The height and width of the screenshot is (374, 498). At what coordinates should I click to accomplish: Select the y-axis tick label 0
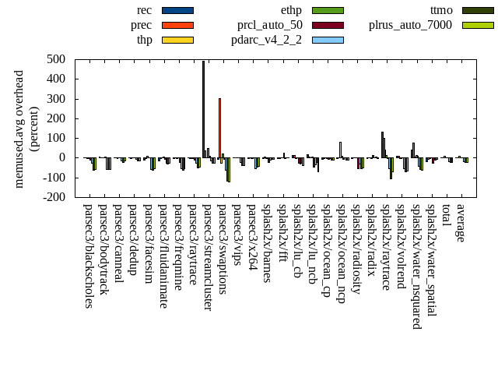[x=65, y=157]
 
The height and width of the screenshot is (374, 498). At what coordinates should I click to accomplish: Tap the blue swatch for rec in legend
[x=177, y=10]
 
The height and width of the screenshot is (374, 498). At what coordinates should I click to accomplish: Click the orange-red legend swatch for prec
[x=177, y=25]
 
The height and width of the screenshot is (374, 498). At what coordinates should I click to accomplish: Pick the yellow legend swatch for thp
[x=177, y=40]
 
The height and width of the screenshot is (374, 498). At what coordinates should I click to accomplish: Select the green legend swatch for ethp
[x=328, y=10]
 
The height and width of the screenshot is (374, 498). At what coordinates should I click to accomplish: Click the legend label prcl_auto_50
[x=270, y=25]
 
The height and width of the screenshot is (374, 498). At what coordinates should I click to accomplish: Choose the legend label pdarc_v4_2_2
[x=267, y=40]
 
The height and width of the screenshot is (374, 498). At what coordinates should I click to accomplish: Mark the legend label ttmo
[x=441, y=10]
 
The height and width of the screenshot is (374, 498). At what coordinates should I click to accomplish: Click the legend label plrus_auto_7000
[x=410, y=25]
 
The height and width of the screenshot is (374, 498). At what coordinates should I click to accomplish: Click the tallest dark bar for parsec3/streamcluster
[x=203, y=109]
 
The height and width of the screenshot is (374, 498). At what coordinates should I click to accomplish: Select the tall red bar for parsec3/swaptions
[x=219, y=128]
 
